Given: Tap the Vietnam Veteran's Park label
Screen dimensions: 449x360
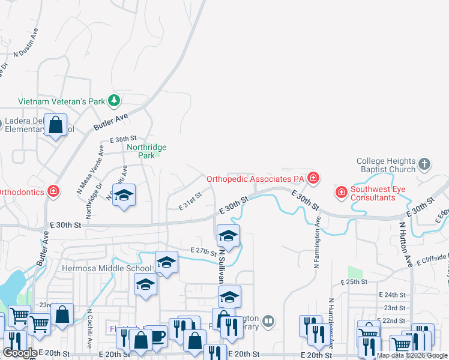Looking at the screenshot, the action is pos(62,101).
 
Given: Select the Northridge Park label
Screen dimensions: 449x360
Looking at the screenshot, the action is pos(146,151).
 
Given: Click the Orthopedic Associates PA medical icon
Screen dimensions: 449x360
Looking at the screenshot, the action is pos(313,178).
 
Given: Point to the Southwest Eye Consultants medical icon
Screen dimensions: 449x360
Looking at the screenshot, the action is pos(342,192).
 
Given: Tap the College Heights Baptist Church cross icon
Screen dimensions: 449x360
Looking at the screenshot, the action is pos(424,164).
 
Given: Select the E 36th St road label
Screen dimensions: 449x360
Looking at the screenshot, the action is pos(124,139).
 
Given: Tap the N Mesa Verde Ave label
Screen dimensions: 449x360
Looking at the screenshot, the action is pos(89,169).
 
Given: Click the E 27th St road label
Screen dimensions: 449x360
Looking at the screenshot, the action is pos(202,250).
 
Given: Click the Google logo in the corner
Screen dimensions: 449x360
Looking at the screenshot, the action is pos(20,353).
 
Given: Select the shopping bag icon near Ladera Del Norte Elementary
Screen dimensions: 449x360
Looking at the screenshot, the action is pos(55,126).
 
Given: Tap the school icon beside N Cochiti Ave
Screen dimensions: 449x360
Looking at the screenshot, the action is pos(124,196).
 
